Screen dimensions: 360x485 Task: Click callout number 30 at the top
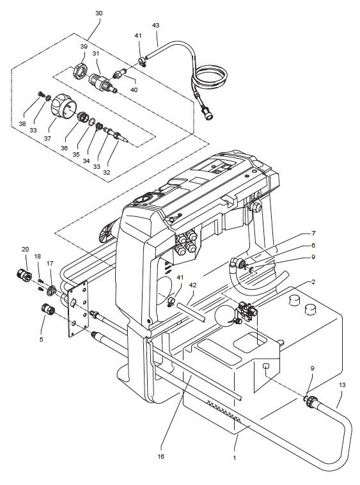click(x=99, y=13)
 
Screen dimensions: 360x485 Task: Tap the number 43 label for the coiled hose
click(x=156, y=26)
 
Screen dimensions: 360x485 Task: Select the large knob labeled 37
click(x=63, y=107)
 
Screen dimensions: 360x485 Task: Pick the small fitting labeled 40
click(x=120, y=74)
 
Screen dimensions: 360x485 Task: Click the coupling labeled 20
click(x=24, y=274)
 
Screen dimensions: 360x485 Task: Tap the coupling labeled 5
click(x=48, y=309)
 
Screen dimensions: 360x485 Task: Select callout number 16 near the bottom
click(x=161, y=456)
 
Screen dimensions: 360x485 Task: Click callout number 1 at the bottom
click(x=235, y=457)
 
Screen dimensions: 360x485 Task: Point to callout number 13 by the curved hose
click(x=342, y=385)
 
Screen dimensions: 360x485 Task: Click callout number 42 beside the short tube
click(x=192, y=285)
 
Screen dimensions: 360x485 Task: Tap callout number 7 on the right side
click(x=313, y=233)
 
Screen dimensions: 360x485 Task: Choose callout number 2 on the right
click(x=313, y=282)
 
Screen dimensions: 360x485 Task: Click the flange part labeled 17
click(x=51, y=290)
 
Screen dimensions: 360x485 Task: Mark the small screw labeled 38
click(x=40, y=93)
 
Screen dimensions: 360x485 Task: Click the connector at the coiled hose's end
click(x=207, y=114)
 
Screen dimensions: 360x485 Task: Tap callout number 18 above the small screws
click(x=37, y=256)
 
